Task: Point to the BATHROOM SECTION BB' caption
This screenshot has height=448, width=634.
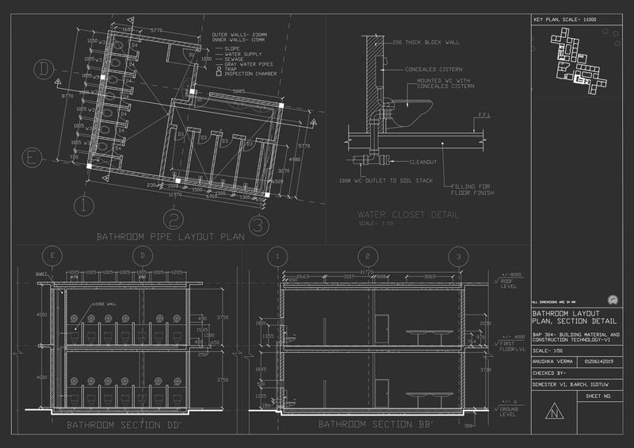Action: tap(369, 425)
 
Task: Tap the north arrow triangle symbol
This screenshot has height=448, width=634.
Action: tap(560, 412)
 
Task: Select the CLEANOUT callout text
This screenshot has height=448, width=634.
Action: tap(422, 161)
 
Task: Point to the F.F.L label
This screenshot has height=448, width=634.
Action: tap(483, 124)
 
